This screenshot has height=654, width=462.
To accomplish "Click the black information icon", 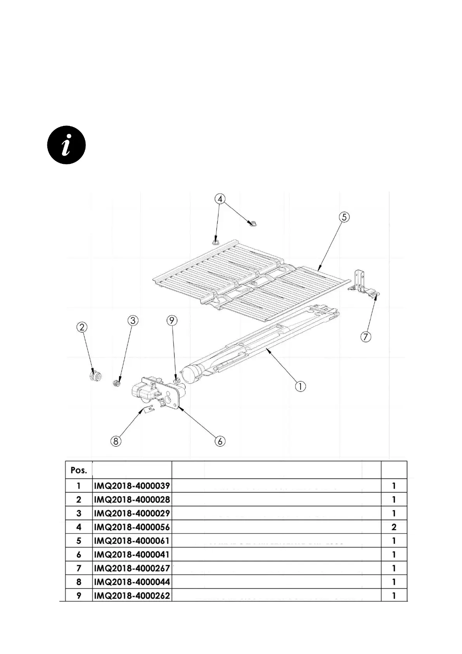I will point(66,145).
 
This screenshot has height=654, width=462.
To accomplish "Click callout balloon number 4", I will point(220,199).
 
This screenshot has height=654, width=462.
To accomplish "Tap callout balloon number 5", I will point(344,217).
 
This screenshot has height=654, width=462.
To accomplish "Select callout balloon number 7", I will point(366,337).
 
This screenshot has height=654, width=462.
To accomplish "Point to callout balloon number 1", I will point(300,386).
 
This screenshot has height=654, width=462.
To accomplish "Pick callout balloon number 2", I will point(81,327).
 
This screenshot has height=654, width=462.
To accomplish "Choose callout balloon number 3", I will point(133,321).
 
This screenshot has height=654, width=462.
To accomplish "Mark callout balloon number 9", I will point(172,321).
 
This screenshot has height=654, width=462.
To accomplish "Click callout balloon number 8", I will point(116,441).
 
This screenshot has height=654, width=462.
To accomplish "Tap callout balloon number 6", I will point(220,441).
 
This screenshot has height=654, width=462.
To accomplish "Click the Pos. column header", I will point(79,470).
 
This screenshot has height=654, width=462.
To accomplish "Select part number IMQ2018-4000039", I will point(132,486).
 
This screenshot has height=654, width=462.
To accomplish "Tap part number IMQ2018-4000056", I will point(132,527).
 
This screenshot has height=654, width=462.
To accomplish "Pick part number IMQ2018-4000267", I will point(132,568).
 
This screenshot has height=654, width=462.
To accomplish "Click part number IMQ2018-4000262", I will point(132,595).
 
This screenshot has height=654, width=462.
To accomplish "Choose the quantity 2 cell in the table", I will point(394,527).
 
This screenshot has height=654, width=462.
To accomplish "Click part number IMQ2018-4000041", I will point(132,555).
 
